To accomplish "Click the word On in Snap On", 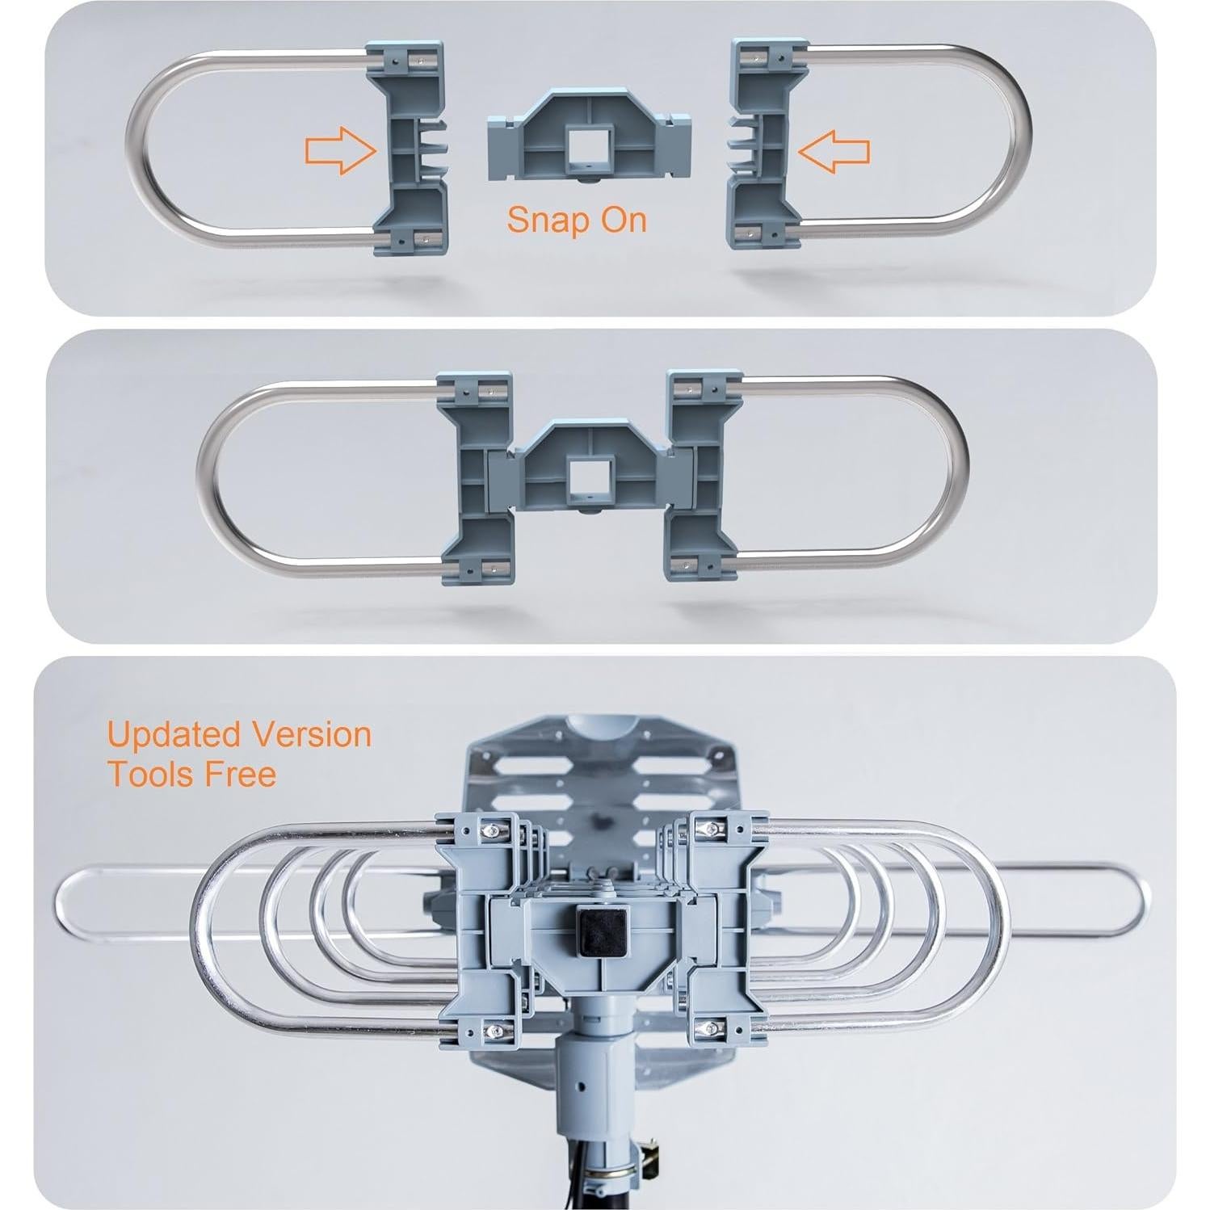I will (624, 219).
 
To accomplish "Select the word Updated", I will (174, 735).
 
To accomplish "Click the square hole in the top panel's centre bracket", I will (588, 145).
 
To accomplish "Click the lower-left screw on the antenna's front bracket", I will (489, 1030).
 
